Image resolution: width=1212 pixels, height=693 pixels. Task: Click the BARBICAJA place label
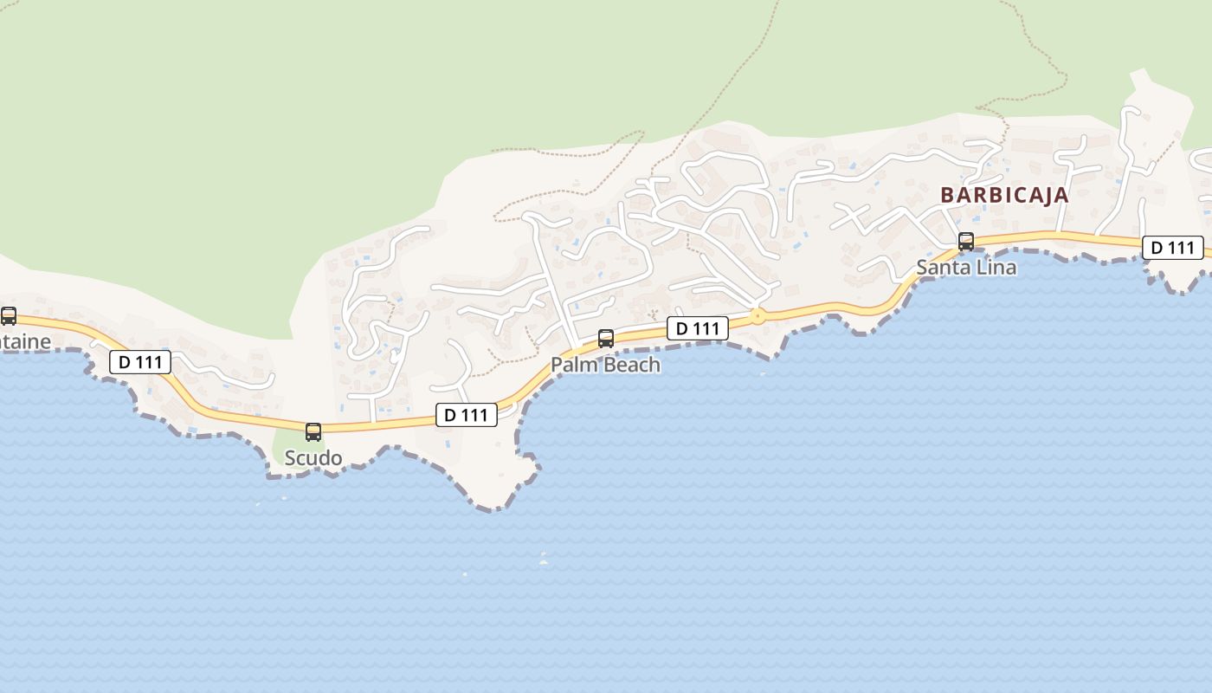tap(1004, 195)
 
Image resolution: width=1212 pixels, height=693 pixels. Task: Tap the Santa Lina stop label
tap(966, 268)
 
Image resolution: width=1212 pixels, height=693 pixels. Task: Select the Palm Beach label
tap(605, 365)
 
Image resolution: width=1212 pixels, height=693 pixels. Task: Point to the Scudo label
tap(313, 457)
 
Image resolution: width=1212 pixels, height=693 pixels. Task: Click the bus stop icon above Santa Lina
tap(966, 242)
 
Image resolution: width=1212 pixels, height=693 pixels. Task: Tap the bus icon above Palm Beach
tap(606, 339)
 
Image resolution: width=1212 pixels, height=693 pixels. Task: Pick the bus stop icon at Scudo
tap(313, 431)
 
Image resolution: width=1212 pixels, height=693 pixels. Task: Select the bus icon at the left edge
tap(9, 316)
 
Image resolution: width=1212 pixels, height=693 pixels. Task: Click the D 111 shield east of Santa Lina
tap(1172, 248)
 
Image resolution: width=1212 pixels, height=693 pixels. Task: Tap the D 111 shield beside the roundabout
tap(697, 328)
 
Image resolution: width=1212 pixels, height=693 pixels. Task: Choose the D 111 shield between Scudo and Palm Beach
tap(466, 415)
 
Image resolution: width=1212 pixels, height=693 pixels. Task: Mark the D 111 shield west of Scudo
tap(140, 362)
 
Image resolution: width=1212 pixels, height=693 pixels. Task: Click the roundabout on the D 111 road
tap(758, 316)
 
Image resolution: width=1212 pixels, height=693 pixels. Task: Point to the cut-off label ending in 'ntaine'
tap(25, 341)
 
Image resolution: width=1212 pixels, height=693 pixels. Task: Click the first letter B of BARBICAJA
tap(946, 195)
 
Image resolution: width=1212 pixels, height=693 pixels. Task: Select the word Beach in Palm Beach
tap(632, 365)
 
